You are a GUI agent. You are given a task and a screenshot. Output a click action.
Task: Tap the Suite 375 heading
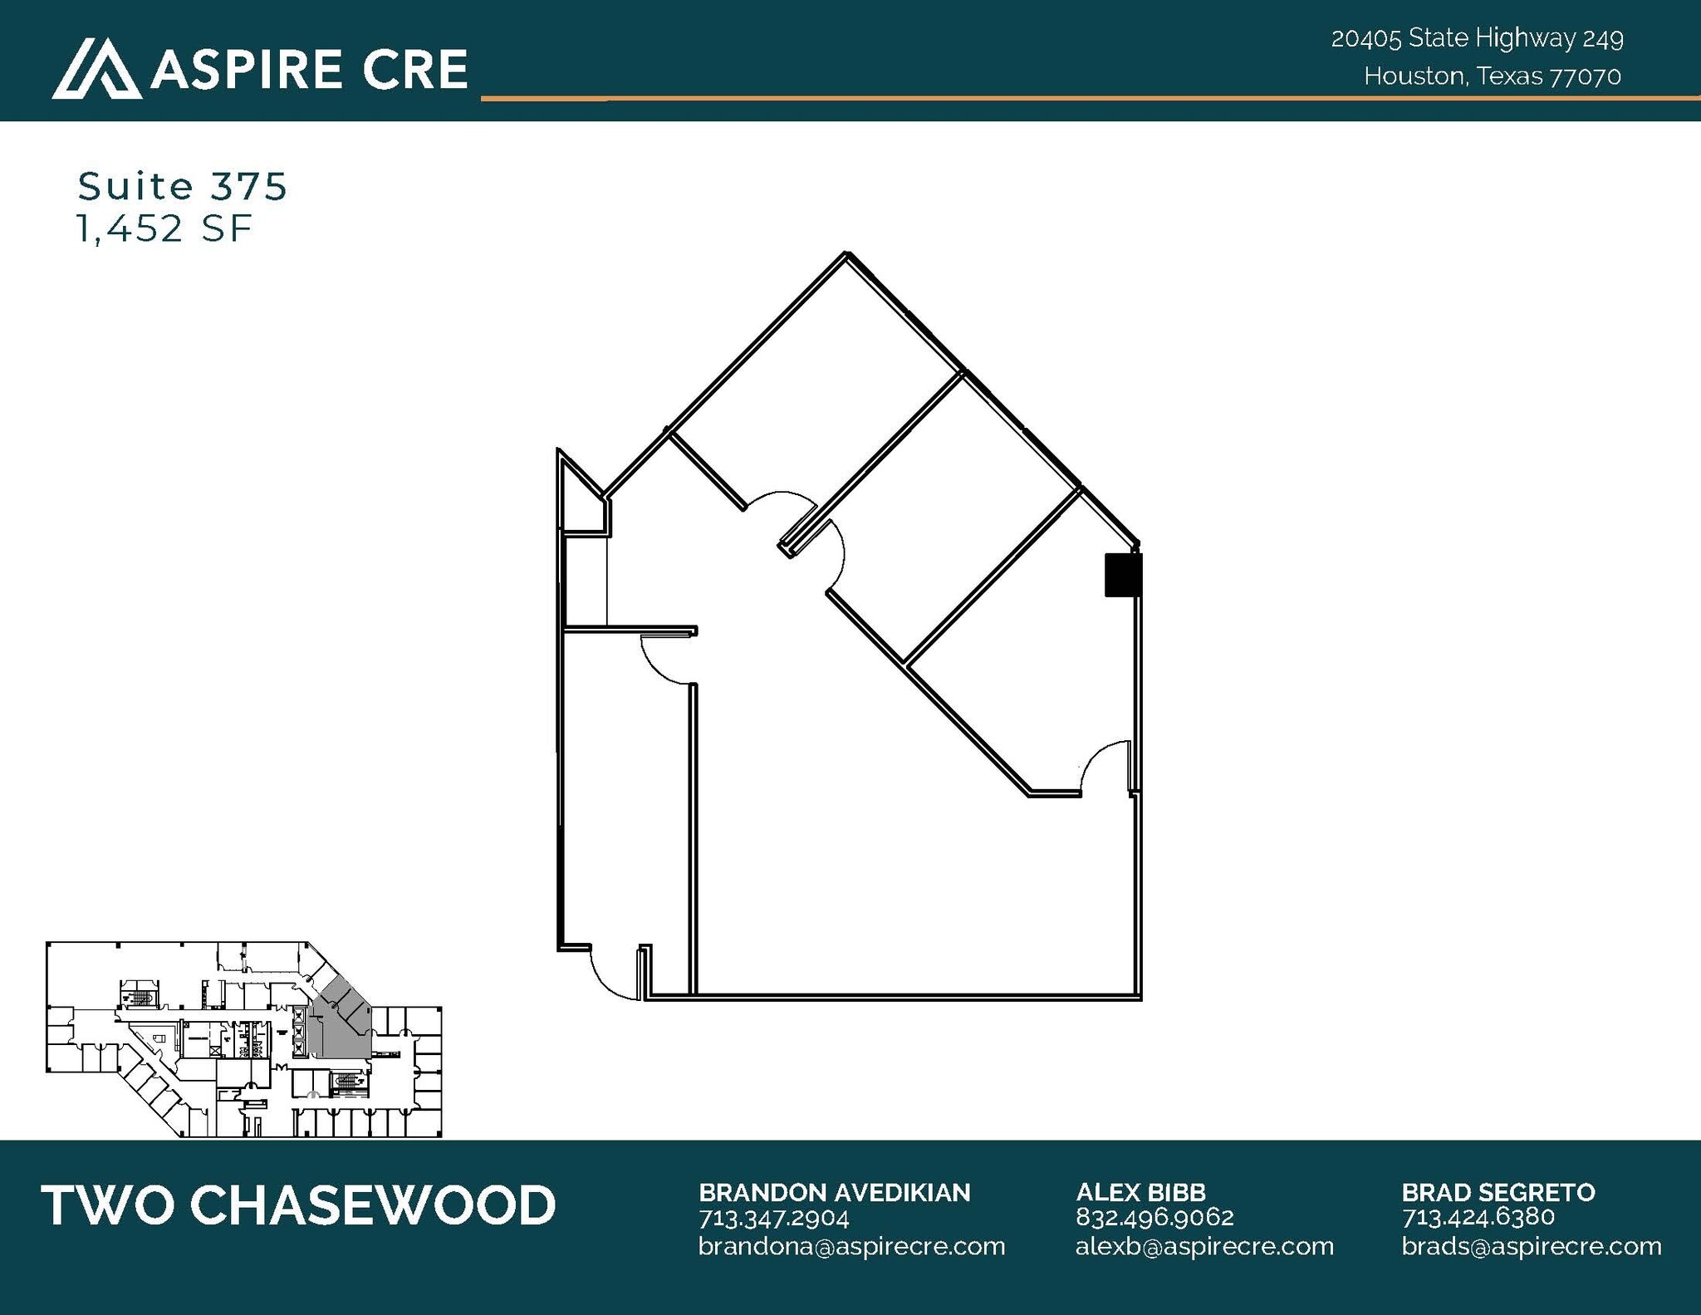pyautogui.click(x=182, y=186)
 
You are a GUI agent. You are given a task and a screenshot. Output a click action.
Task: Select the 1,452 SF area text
pyautogui.click(x=164, y=228)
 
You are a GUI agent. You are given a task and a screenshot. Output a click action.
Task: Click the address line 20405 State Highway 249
pyautogui.click(x=1477, y=38)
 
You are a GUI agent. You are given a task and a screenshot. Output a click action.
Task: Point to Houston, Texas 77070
pyautogui.click(x=1492, y=76)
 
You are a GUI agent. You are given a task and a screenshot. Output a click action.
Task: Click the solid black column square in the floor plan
pyautogui.click(x=1122, y=574)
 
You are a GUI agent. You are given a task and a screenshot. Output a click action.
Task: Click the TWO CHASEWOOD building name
pyautogui.click(x=298, y=1205)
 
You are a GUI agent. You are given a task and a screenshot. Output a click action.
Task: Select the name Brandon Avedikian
pyautogui.click(x=834, y=1193)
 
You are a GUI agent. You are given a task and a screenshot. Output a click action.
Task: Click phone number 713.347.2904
pyautogui.click(x=773, y=1218)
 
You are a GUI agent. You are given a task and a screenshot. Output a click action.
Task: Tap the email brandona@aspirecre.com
pyautogui.click(x=851, y=1246)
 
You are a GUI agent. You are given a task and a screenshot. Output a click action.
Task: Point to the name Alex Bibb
pyautogui.click(x=1140, y=1193)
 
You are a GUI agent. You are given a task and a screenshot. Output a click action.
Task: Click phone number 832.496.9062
pyautogui.click(x=1154, y=1218)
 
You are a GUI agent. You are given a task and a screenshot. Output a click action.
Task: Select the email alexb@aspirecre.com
pyautogui.click(x=1204, y=1246)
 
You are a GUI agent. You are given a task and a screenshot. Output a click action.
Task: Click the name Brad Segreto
pyautogui.click(x=1498, y=1193)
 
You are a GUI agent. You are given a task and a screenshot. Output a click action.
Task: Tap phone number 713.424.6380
pyautogui.click(x=1478, y=1218)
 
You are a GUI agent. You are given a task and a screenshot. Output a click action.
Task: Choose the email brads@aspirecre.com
pyautogui.click(x=1532, y=1246)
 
